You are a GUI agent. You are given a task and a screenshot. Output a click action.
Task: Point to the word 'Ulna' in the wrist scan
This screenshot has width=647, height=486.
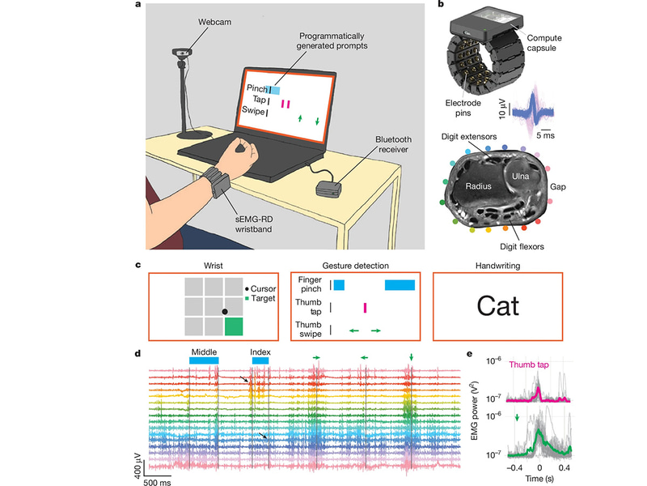click(x=518, y=173)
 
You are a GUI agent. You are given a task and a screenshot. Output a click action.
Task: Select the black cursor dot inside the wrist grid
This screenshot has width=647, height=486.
click(x=225, y=311)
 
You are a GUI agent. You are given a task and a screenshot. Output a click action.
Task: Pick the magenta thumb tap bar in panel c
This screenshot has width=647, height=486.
click(x=365, y=307)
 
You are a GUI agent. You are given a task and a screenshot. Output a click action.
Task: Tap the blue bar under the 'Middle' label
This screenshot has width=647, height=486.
click(x=203, y=360)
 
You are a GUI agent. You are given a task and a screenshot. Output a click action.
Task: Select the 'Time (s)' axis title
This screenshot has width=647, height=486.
click(x=541, y=479)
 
